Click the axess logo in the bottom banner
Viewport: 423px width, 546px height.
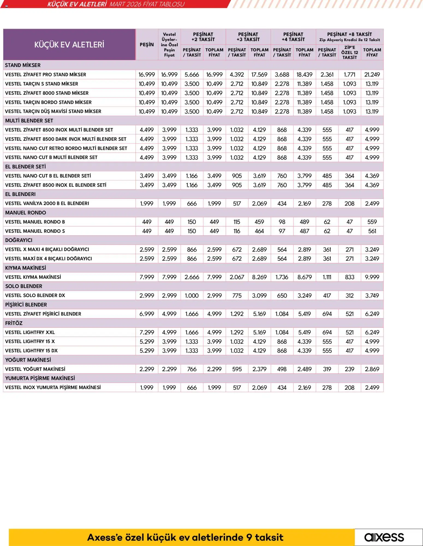pos(384,537)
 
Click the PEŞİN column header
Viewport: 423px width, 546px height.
pos(147,45)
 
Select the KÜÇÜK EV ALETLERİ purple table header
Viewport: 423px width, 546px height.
pos(69,45)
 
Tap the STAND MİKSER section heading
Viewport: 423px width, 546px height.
pos(23,65)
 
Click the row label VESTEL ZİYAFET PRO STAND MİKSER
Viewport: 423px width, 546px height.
pos(46,75)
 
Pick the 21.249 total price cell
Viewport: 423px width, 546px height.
pos(372,75)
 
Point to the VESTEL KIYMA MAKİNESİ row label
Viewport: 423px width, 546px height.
pos(33,277)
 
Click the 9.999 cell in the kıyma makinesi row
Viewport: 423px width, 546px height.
pos(372,277)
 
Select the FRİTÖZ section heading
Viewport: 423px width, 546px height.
pos(14,323)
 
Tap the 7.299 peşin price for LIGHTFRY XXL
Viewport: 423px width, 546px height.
pos(147,332)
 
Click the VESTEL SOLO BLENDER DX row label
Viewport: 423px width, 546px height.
pos(35,295)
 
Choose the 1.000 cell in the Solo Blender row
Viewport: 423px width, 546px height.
pos(192,295)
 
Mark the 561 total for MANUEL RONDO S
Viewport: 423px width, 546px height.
pos(372,231)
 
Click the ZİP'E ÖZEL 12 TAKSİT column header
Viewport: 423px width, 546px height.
pos(350,52)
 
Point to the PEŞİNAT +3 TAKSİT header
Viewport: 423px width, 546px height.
pos(248,37)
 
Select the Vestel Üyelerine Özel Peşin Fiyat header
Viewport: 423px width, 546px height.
pos(169,45)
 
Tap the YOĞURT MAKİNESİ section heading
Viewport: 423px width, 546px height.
pos(28,360)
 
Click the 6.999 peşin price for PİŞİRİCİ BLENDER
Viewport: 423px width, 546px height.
pos(147,314)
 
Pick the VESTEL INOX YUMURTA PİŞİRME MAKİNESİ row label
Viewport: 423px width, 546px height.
pos(53,388)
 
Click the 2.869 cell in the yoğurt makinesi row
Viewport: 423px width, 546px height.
pos(372,369)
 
